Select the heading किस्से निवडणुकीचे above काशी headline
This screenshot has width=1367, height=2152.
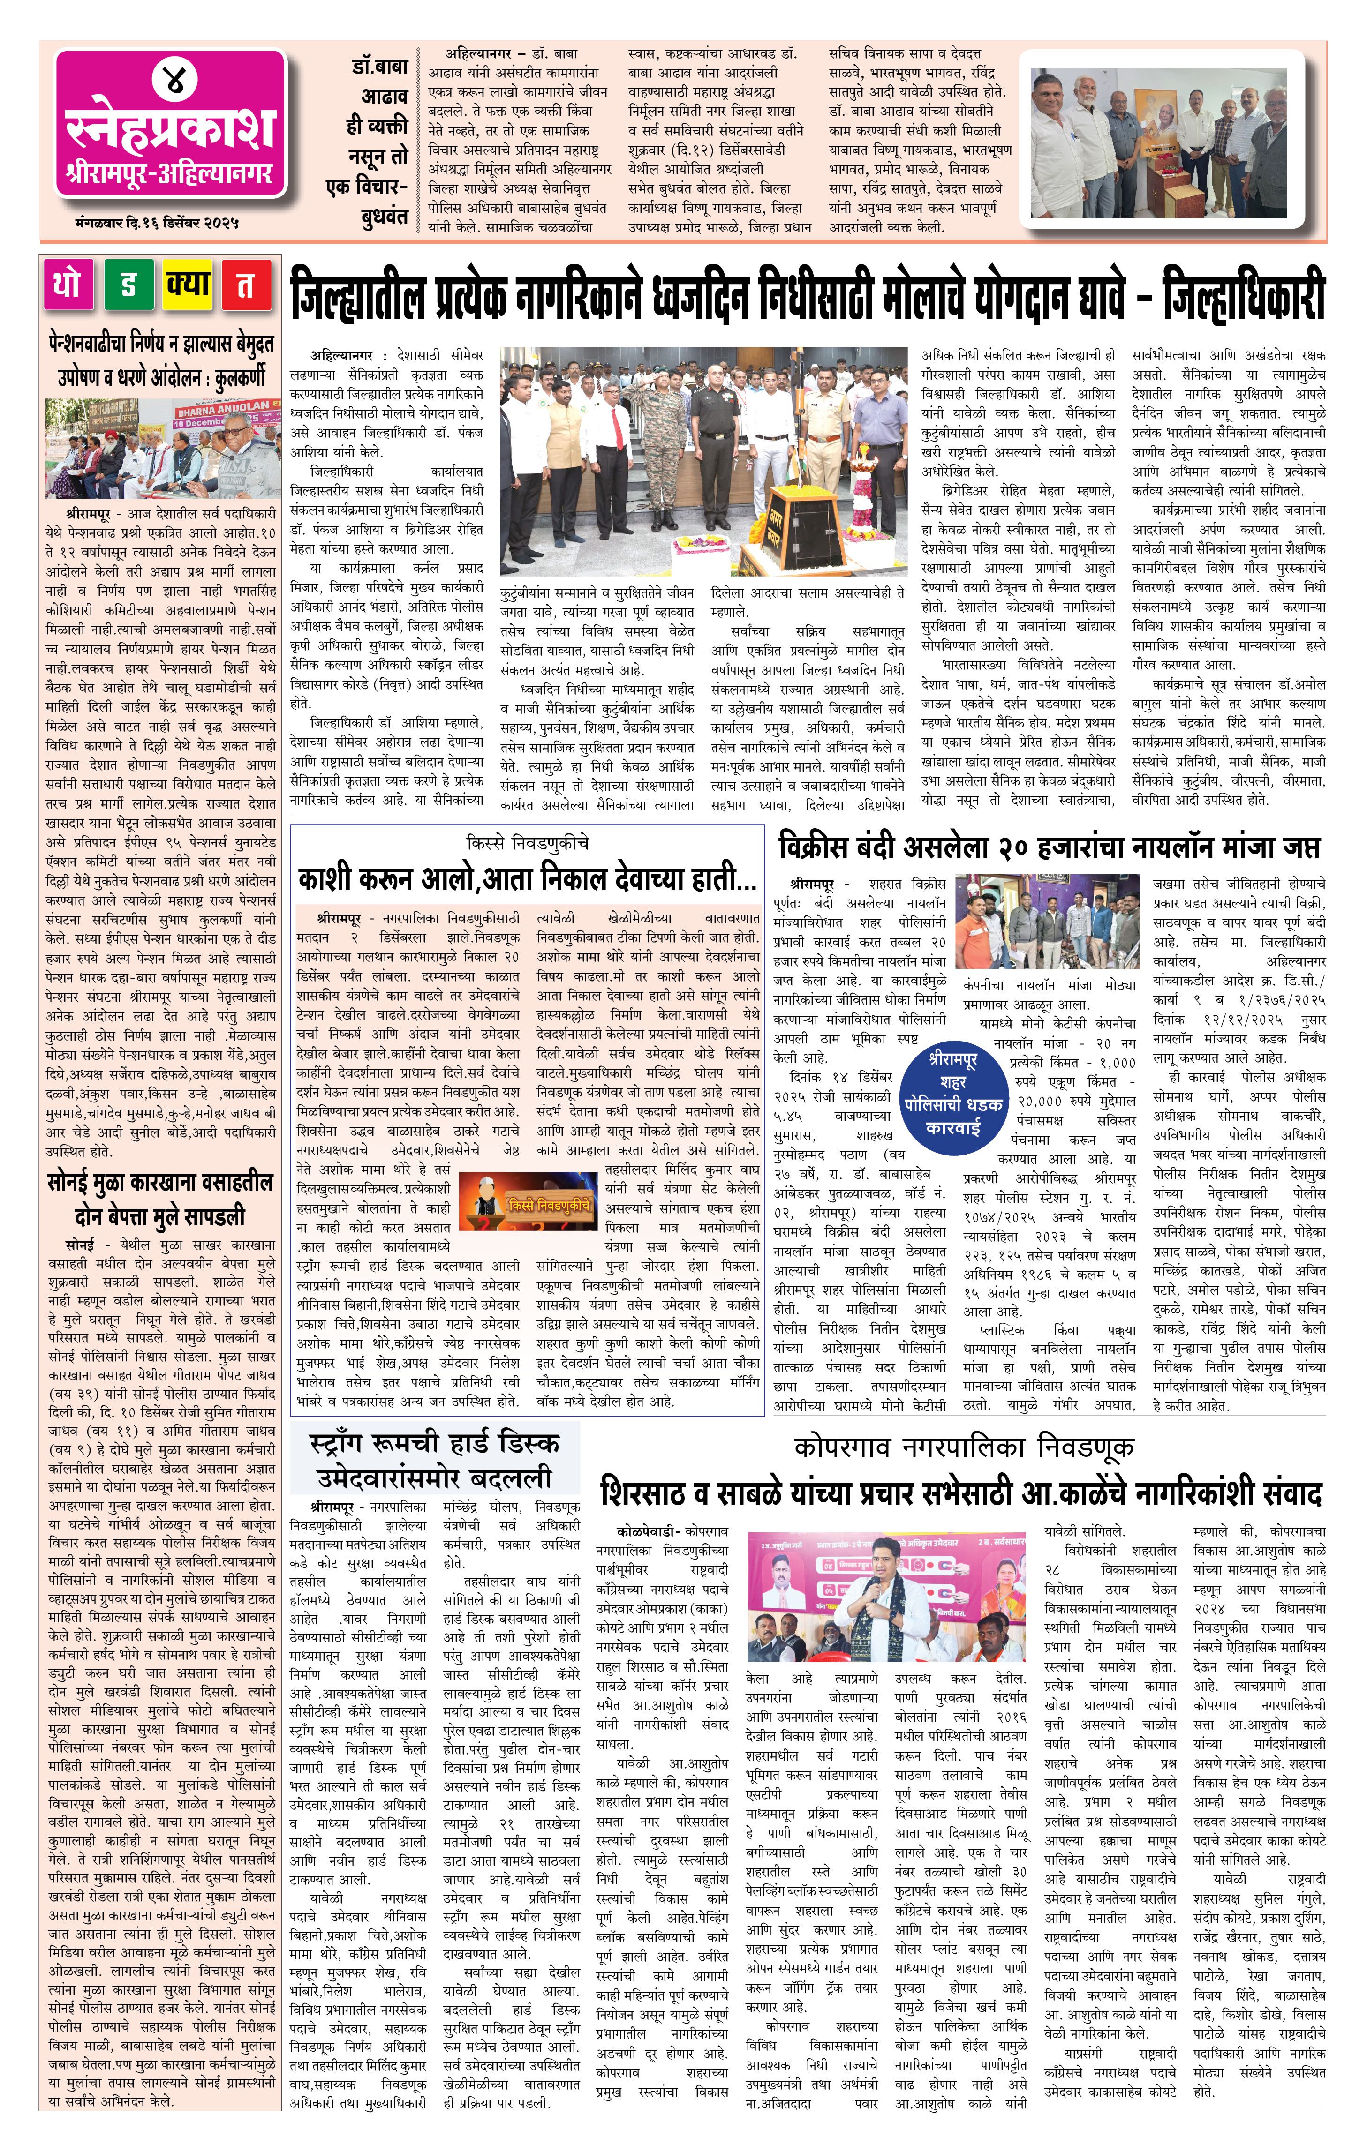pyautogui.click(x=528, y=843)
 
